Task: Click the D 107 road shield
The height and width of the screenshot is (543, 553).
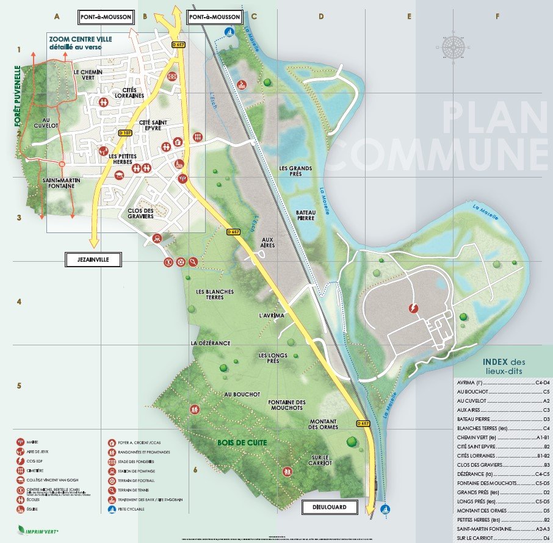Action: click(x=125, y=133)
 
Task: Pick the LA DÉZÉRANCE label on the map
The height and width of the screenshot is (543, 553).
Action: click(x=211, y=343)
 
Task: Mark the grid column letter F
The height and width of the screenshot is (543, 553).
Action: click(x=497, y=16)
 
